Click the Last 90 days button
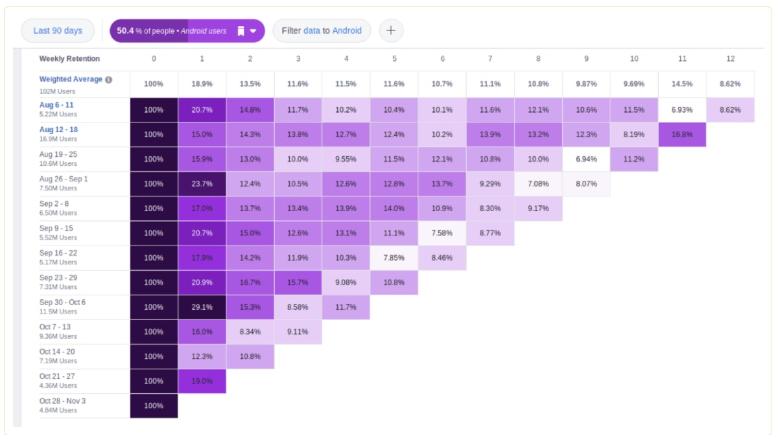pyautogui.click(x=58, y=30)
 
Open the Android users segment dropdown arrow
pyautogui.click(x=253, y=31)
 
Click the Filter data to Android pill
pyautogui.click(x=322, y=30)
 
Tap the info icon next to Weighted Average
pyautogui.click(x=108, y=80)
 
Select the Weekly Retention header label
pyautogui.click(x=69, y=58)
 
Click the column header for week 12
pyautogui.click(x=730, y=58)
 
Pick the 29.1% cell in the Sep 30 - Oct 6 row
pyautogui.click(x=202, y=307)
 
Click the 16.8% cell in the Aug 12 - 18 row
pyautogui.click(x=682, y=135)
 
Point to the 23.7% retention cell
pyautogui.click(x=202, y=184)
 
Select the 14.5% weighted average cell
pyautogui.click(x=682, y=84)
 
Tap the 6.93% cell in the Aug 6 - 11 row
pyautogui.click(x=682, y=110)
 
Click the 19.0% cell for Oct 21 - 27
pyautogui.click(x=202, y=381)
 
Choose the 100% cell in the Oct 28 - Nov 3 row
pyautogui.click(x=154, y=406)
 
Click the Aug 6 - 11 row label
pyautogui.click(x=56, y=105)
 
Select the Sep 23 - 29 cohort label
pyautogui.click(x=58, y=277)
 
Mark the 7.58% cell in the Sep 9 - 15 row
pyautogui.click(x=442, y=233)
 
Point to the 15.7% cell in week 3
pyautogui.click(x=298, y=282)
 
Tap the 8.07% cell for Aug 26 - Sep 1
pyautogui.click(x=586, y=184)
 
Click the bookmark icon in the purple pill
pyautogui.click(x=240, y=31)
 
